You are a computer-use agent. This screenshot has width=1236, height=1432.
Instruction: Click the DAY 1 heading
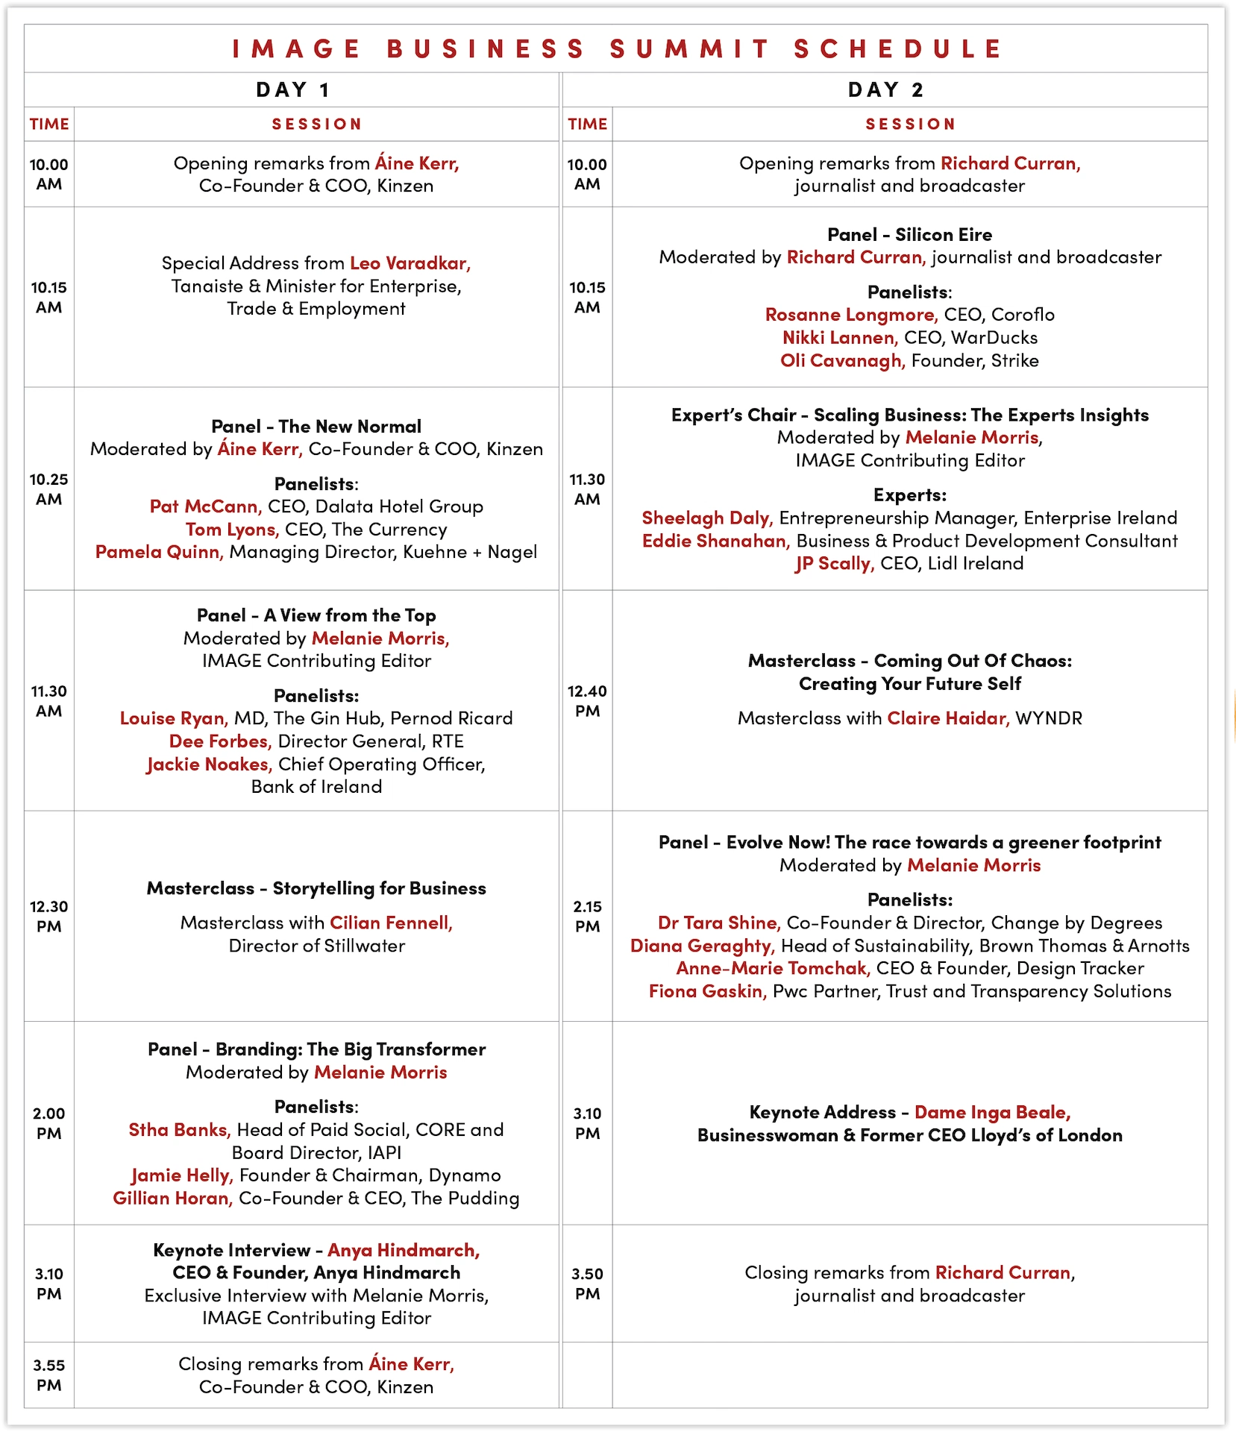click(292, 90)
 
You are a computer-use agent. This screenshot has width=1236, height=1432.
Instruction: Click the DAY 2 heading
click(885, 90)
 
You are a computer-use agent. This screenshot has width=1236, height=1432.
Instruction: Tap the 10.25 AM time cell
click(49, 489)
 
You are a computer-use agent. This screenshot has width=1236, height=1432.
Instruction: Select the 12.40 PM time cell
click(587, 701)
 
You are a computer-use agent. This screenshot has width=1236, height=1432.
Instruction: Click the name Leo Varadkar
click(410, 263)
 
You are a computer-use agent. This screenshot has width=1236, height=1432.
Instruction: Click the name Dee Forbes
click(220, 741)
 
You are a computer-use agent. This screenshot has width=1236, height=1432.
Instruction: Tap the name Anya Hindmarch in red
click(404, 1250)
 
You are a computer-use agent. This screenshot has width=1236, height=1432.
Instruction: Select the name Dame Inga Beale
click(992, 1113)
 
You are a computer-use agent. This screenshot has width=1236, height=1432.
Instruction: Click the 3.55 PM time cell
click(49, 1375)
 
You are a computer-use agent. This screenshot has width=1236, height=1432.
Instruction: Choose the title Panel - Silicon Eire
click(909, 235)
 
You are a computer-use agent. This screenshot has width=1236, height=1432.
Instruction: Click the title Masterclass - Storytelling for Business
click(316, 888)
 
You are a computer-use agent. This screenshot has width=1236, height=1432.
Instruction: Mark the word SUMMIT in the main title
click(689, 49)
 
